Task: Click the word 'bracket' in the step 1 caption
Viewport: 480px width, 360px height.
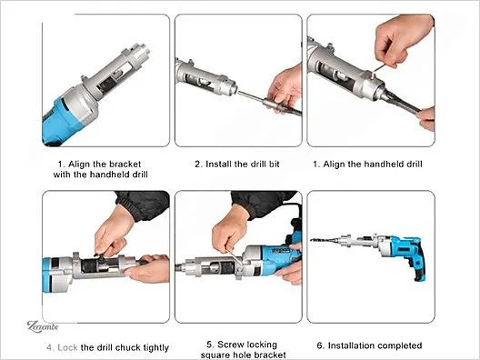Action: [125, 164]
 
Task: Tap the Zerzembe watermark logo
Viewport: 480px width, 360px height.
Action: [43, 326]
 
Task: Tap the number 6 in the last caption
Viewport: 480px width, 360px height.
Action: [320, 346]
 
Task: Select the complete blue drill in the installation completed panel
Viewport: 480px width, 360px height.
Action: [368, 250]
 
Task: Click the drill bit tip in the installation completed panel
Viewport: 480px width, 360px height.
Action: [312, 240]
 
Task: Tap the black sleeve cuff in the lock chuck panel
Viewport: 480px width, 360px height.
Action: [144, 205]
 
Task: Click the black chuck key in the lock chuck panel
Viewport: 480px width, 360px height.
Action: [100, 256]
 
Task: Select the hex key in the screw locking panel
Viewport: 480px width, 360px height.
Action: [235, 258]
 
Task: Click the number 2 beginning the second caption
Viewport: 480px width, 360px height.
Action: [198, 164]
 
